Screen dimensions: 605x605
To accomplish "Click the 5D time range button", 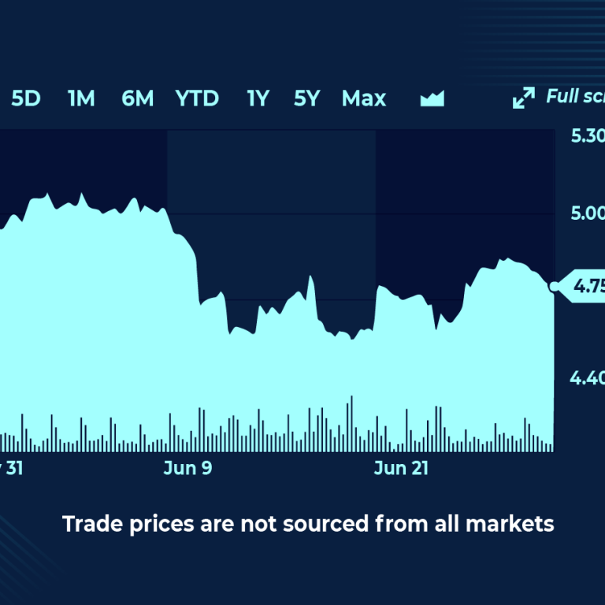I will click(26, 98).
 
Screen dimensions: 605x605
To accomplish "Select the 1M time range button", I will click(81, 98).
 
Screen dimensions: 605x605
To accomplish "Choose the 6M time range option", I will click(138, 98).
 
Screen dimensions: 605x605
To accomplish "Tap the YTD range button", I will click(197, 98).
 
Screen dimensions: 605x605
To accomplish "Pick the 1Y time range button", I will click(258, 98).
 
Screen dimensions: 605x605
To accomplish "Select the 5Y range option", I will click(307, 98).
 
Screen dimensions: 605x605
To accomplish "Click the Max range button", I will click(364, 98).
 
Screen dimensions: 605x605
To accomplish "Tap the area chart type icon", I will click(432, 98).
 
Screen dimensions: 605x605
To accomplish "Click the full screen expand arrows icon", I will click(523, 98).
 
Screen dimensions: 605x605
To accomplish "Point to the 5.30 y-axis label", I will click(588, 135).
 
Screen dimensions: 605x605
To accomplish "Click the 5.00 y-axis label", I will click(588, 213).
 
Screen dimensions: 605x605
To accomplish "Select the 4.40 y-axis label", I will click(588, 380).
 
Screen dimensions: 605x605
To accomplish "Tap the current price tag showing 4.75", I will click(587, 287).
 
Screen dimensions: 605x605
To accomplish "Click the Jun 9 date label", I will click(187, 469).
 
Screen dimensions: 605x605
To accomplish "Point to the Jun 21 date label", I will click(401, 469).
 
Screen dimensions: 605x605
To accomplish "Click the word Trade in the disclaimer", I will click(87, 523).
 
